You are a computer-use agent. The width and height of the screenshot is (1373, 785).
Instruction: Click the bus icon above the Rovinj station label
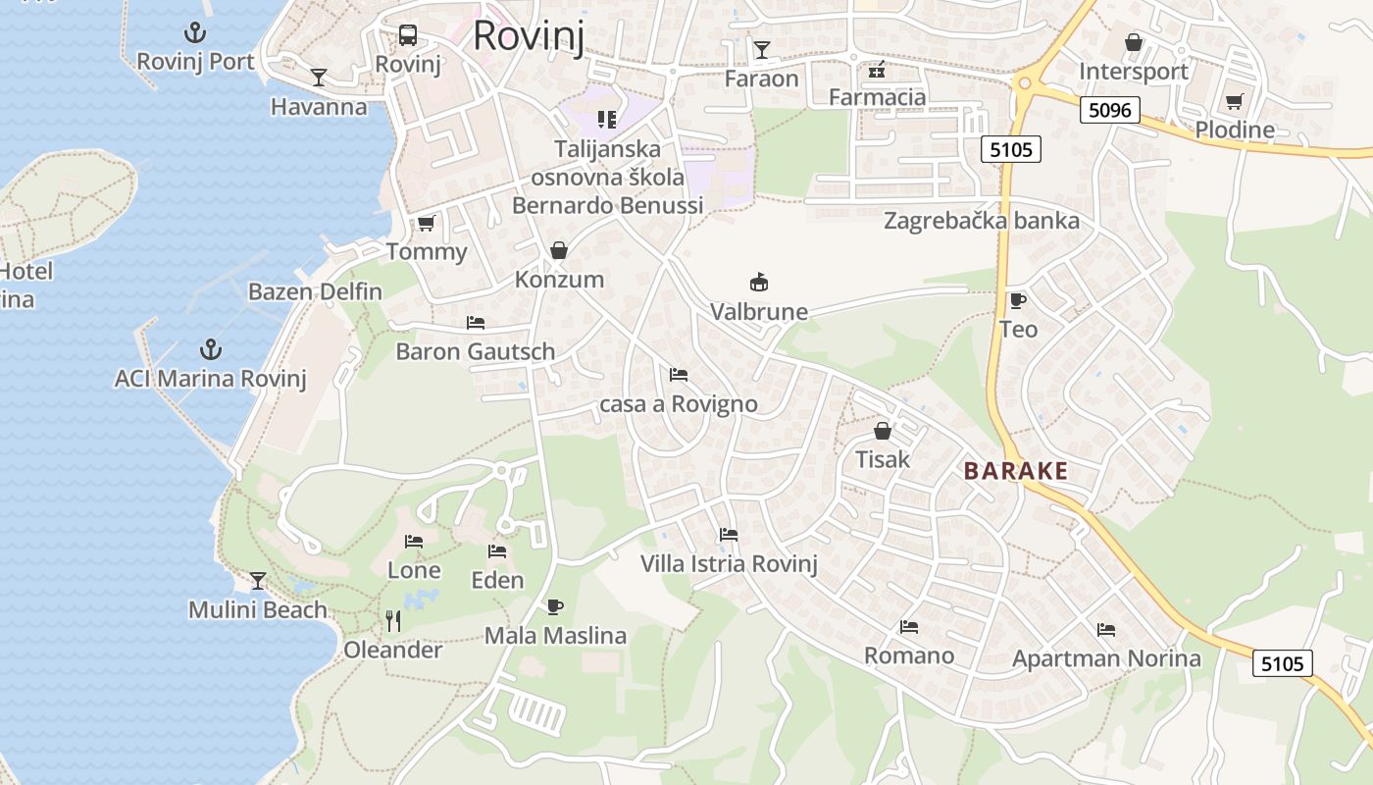tap(408, 35)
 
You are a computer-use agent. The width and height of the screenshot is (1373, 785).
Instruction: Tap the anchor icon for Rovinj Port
tap(195, 32)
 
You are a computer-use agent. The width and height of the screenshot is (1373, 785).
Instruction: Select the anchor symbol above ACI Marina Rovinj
tap(210, 348)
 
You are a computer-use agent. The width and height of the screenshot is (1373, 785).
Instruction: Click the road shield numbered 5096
tap(1110, 110)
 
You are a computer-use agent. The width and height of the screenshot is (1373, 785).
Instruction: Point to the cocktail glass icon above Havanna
tap(319, 78)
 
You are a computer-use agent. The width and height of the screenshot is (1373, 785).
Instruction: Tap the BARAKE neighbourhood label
tap(1015, 471)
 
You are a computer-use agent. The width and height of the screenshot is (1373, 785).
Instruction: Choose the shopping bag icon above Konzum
tap(559, 250)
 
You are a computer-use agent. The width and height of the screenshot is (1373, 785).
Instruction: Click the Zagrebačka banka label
tap(981, 221)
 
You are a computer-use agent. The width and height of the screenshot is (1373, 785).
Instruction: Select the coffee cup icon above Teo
tap(1018, 300)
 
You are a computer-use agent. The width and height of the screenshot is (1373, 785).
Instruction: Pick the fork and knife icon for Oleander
tap(393, 620)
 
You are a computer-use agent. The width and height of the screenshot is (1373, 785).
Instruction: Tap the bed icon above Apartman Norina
tap(1106, 629)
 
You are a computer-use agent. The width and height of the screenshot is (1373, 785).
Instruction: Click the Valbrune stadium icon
tap(758, 283)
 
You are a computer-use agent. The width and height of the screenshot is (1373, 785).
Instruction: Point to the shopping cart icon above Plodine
tap(1234, 101)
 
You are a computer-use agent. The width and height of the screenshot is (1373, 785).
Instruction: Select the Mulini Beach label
tap(258, 610)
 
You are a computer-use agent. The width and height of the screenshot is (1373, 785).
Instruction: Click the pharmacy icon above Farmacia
tap(877, 69)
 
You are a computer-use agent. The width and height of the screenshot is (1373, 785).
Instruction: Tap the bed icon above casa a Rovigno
tap(678, 374)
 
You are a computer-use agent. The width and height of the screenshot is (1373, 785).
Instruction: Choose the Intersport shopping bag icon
tap(1134, 42)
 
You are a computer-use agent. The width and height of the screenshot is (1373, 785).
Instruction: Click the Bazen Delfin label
tap(315, 291)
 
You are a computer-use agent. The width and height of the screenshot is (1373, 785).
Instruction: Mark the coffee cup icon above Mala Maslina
tap(555, 606)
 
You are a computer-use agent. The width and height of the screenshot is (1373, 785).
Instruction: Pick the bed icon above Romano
tap(909, 626)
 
